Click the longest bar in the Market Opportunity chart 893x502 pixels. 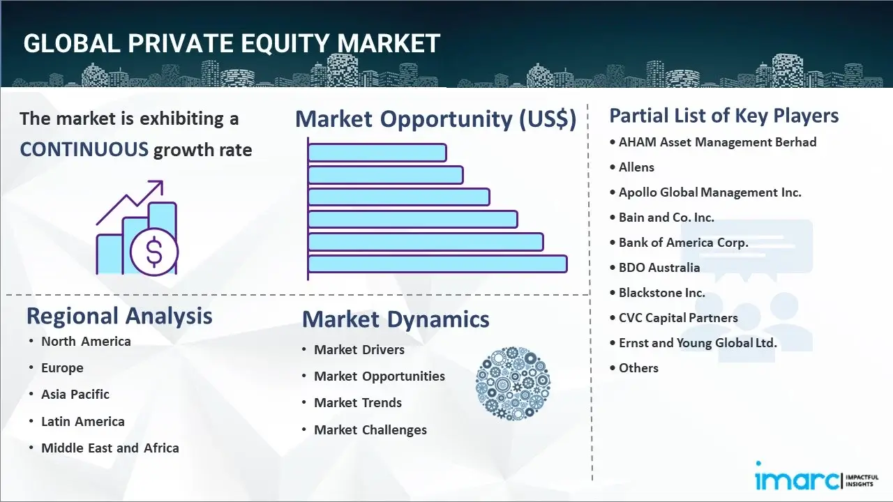[437, 264]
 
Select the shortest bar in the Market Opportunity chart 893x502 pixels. [377, 152]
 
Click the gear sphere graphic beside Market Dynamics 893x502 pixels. [513, 384]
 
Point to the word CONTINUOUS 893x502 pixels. [84, 149]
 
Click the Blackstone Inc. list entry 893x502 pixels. [661, 293]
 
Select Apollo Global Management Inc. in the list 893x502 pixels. [710, 192]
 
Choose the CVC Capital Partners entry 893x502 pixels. [677, 318]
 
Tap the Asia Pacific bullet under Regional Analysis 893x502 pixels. [75, 395]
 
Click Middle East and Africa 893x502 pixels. [110, 448]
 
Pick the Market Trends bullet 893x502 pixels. [357, 403]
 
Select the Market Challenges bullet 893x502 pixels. [370, 430]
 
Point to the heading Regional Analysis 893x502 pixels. [119, 317]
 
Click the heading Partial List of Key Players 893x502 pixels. [723, 116]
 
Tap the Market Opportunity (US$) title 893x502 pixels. [435, 119]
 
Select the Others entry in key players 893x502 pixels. [638, 368]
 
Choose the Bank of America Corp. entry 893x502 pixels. [683, 243]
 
